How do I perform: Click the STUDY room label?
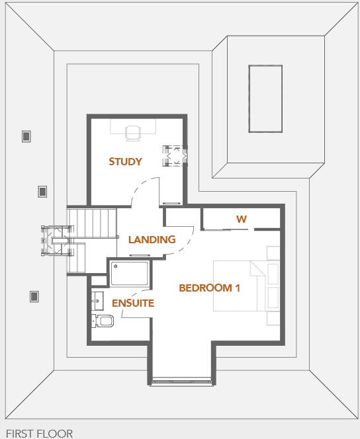125,161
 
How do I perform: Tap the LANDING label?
152,239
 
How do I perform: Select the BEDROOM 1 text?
209,288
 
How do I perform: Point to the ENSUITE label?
132,303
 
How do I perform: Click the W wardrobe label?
241,219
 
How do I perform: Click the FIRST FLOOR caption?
39,434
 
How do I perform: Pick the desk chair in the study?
133,133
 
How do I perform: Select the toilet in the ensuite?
103,321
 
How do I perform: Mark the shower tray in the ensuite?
129,274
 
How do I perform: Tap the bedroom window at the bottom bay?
181,381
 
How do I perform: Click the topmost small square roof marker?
26,136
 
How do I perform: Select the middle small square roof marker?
42,192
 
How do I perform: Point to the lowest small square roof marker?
34,297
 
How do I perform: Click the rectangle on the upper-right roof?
265,98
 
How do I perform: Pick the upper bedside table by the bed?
273,253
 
